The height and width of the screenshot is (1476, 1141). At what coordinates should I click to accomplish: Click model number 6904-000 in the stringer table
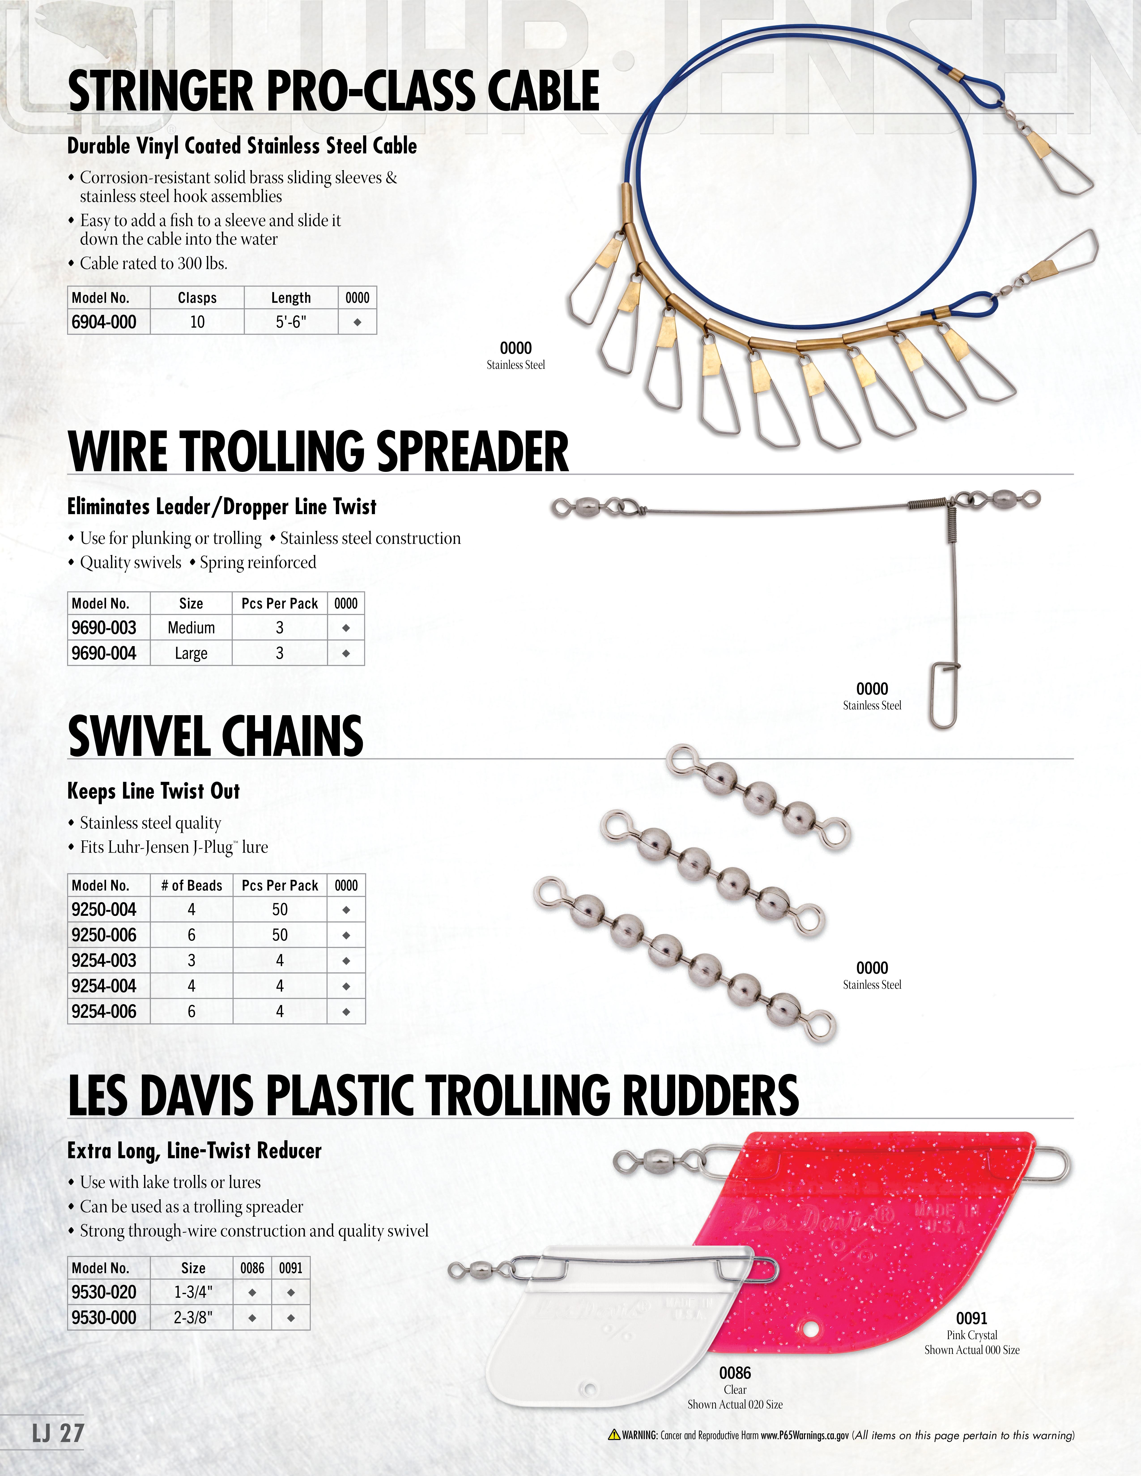tap(104, 322)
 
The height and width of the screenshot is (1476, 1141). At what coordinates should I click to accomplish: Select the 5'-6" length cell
tap(291, 322)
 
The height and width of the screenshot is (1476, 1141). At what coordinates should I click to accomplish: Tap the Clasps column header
tap(197, 298)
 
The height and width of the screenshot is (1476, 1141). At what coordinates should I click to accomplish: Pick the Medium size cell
tap(191, 628)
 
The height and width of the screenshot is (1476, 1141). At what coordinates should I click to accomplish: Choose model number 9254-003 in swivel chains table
tap(104, 960)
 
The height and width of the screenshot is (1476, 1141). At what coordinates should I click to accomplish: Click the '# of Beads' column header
tap(191, 885)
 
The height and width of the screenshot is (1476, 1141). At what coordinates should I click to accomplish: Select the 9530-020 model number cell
tap(104, 1292)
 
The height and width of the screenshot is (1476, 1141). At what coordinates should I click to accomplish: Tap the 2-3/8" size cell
tap(193, 1317)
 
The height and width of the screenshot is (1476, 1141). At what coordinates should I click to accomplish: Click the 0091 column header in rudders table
tap(291, 1268)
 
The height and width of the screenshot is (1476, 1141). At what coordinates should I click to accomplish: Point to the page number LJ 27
tap(58, 1433)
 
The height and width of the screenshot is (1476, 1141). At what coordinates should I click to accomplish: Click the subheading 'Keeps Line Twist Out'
tap(153, 791)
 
